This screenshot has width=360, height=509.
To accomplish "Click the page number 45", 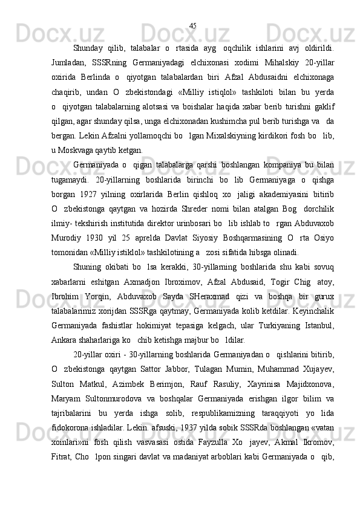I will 192,25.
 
